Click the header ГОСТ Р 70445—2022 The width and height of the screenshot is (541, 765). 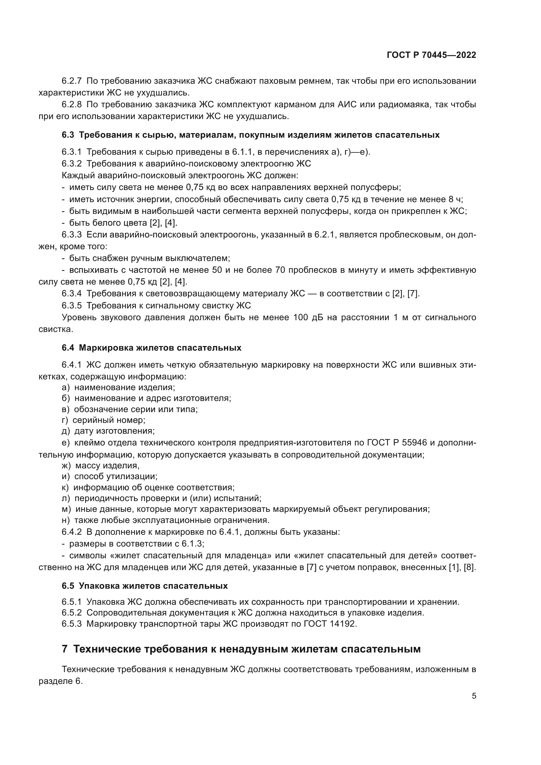coord(431,55)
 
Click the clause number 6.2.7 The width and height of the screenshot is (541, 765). coord(72,81)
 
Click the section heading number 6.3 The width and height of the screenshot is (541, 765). coord(68,135)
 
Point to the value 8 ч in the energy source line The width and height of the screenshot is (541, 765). coord(456,199)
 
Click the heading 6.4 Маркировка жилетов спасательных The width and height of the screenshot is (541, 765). coord(151,348)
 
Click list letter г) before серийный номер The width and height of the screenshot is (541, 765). coord(65,420)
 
